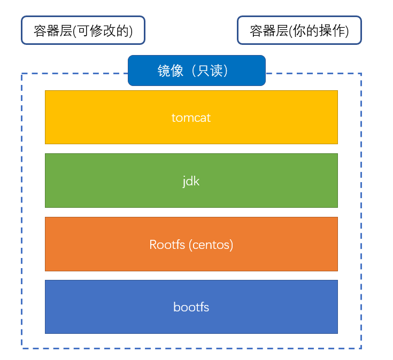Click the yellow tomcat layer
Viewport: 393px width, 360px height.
pos(191,117)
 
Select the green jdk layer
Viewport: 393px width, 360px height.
pos(191,181)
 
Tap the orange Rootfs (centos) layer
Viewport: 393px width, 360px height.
pos(191,244)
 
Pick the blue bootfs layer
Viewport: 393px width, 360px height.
pos(191,307)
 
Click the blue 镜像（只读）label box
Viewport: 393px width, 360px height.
pos(197,71)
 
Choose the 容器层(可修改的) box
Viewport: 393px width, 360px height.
pos(83,30)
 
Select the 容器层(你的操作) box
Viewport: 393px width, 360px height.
pos(299,30)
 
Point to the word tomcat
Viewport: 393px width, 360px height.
pos(191,118)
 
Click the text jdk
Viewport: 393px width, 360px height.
pos(191,181)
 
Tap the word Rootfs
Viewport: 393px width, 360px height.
pos(167,244)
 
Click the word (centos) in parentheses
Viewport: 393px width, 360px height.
pos(211,245)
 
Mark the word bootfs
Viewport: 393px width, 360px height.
pos(191,307)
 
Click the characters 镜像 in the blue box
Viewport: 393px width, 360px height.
pos(171,71)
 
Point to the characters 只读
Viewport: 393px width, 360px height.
pos(210,71)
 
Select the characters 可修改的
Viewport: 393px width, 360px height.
pos(103,31)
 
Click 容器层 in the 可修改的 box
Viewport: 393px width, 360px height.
pos(53,31)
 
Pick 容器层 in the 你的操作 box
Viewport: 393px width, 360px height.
pos(269,31)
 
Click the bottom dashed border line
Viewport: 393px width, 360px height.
pos(191,348)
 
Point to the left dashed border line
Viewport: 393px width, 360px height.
pos(22,211)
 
